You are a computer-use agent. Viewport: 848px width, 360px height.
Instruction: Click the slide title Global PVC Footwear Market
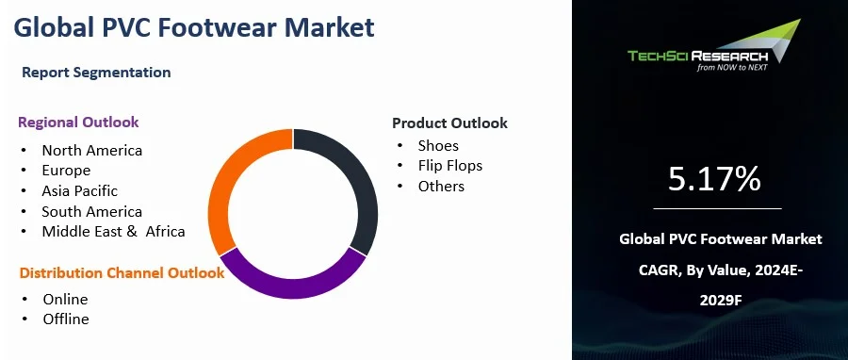(x=193, y=27)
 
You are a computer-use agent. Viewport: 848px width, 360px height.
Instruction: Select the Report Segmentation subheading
(x=96, y=73)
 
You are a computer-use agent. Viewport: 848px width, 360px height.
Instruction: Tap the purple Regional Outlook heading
(x=78, y=123)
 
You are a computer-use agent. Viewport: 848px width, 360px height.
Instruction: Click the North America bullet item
(x=92, y=150)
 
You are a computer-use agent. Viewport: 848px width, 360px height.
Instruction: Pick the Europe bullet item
(x=66, y=171)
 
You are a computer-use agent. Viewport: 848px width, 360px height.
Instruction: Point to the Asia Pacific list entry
(x=79, y=190)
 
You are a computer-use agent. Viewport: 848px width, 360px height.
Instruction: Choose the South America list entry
(x=92, y=211)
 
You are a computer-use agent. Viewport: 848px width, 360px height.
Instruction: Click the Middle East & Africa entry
(x=114, y=231)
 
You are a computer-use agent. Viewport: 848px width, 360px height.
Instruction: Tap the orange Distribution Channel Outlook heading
(x=122, y=273)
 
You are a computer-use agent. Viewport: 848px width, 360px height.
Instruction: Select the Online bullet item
(x=65, y=300)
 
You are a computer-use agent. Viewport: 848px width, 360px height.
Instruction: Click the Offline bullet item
(x=66, y=319)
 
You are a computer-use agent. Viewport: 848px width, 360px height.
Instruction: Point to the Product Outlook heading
(x=450, y=123)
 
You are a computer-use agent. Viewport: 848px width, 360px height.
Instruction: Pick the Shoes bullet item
(x=438, y=145)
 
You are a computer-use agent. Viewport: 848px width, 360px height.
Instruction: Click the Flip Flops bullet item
(x=450, y=166)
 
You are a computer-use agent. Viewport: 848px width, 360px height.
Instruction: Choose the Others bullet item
(x=441, y=187)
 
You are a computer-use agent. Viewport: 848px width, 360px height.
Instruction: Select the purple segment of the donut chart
(x=293, y=287)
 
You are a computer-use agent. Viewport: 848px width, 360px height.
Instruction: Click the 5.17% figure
(x=714, y=179)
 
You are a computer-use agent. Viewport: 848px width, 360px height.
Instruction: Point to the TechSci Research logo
(x=714, y=46)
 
